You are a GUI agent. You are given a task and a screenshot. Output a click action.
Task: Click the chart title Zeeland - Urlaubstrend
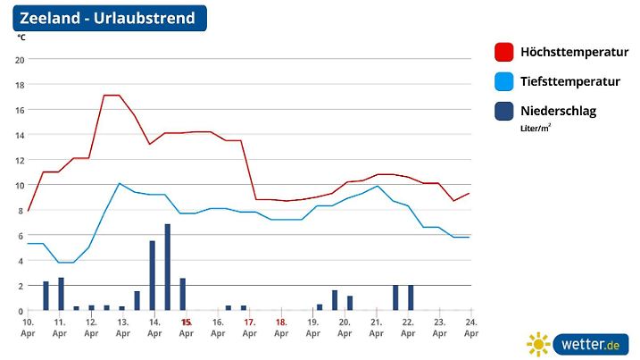click(106, 19)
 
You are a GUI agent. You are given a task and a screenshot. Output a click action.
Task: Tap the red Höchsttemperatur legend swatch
click(505, 52)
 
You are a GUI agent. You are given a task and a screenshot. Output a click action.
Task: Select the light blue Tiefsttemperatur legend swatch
click(505, 81)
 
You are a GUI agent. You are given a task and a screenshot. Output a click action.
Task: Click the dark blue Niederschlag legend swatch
click(505, 111)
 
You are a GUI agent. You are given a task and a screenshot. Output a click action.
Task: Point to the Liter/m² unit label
click(536, 128)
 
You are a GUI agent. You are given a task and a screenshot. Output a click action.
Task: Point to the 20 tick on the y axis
click(20, 59)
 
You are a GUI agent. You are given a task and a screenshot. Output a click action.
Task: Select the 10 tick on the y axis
click(20, 185)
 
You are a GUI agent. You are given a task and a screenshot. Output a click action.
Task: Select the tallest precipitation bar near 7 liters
click(168, 267)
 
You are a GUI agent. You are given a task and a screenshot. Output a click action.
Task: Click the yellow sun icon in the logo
click(538, 344)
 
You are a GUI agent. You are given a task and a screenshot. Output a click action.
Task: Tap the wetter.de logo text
click(590, 344)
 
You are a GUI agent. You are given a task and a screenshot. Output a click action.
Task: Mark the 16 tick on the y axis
click(20, 109)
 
